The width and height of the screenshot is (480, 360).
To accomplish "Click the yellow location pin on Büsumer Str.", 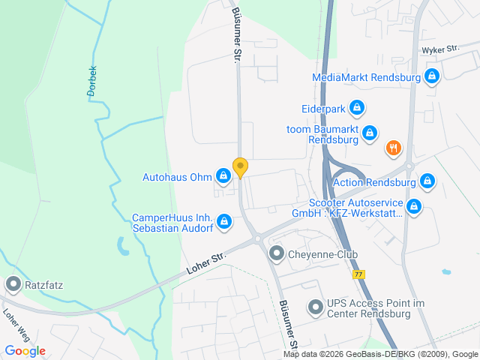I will pos(240,167).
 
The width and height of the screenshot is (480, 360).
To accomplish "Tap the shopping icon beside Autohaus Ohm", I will pos(223,177).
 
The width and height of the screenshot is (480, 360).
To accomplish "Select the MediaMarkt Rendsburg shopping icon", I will pos(431,76).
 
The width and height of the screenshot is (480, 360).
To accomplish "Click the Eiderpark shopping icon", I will pos(357,109).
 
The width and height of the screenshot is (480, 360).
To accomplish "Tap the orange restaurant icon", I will pos(393,148).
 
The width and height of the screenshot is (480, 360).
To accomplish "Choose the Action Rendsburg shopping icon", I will pos(427,181).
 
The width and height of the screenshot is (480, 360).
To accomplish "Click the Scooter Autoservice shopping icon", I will pos(413,205).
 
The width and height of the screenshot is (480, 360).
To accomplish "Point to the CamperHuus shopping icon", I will pos(223,221).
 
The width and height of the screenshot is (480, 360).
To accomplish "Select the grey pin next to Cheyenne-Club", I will pos(277,254).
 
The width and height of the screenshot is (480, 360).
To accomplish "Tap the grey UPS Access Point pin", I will pos(315,307).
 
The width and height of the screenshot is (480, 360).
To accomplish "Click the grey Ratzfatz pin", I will pos(13,284).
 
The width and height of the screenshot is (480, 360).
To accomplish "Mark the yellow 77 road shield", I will pos(361,275).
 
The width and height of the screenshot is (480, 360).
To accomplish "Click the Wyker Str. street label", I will pos(440,49).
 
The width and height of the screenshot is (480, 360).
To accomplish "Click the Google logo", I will pos(25,350).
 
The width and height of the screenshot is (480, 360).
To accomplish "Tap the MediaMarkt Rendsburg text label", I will pos(367,76).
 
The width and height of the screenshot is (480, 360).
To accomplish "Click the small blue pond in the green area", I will pos(121,244).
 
